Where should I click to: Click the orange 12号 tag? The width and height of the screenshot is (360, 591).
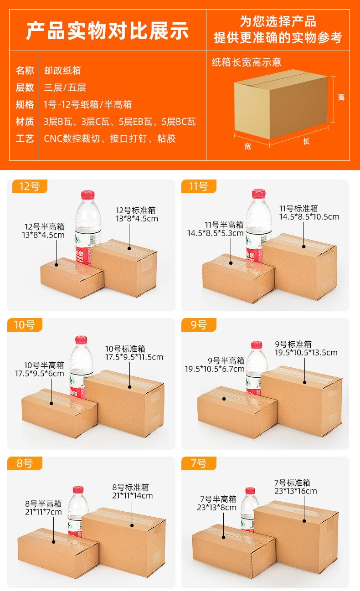[28, 186]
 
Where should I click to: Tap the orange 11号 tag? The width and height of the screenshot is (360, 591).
[198, 186]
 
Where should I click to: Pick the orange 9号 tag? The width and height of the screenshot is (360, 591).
[198, 325]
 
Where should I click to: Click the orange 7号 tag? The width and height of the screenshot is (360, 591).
[198, 463]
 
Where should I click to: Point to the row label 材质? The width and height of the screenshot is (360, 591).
[25, 122]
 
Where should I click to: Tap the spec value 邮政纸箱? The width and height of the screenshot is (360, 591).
[62, 71]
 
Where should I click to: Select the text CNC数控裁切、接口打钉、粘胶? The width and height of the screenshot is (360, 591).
[109, 139]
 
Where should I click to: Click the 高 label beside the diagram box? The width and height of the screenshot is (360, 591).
[341, 98]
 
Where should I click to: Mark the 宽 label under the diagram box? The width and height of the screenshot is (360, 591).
[247, 146]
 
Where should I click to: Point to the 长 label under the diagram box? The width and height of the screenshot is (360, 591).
[306, 142]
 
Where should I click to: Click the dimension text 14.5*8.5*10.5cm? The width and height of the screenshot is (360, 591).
[309, 217]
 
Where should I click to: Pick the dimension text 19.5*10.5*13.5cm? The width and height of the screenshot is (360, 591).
[306, 352]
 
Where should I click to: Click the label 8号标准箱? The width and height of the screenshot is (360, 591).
[130, 487]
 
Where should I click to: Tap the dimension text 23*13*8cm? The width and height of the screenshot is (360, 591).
[218, 507]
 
